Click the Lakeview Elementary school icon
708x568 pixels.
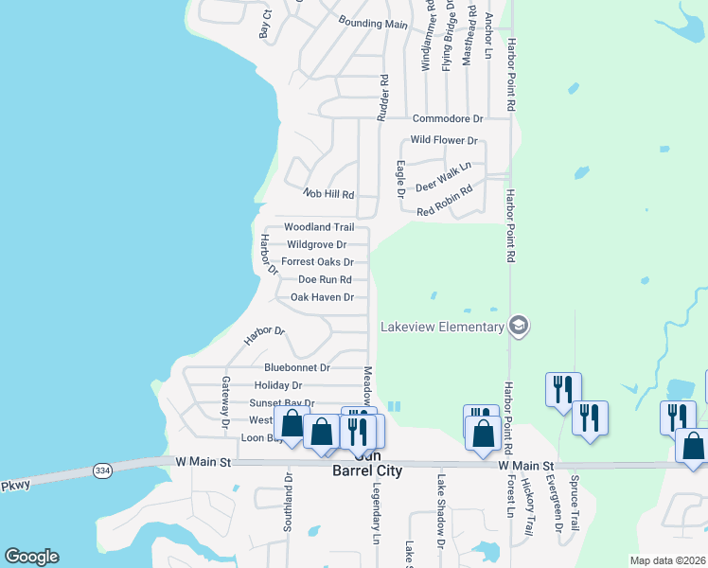(518, 327)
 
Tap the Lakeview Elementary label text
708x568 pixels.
(442, 328)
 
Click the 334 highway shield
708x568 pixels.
(102, 470)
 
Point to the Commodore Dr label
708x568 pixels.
(448, 118)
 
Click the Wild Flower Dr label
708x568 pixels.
(444, 140)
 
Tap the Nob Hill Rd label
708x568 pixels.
(327, 194)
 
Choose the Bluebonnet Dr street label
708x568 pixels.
(297, 367)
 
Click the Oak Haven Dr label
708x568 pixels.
(322, 297)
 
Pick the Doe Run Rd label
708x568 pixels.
(325, 280)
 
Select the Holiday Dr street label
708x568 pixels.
(278, 385)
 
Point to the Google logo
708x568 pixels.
(31, 557)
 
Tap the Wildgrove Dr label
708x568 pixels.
(316, 244)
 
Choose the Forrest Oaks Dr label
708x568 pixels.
(317, 262)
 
